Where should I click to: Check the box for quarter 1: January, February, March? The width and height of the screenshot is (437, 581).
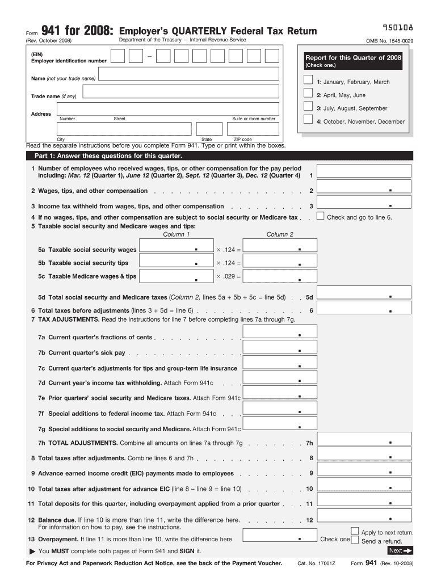[308, 80]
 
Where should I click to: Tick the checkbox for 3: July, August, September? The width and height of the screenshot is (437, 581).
[308, 106]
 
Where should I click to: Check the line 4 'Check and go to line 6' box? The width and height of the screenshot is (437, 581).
[321, 216]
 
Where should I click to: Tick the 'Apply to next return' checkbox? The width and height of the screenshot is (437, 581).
[355, 532]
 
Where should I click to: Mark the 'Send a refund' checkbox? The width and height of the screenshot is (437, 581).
[355, 541]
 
